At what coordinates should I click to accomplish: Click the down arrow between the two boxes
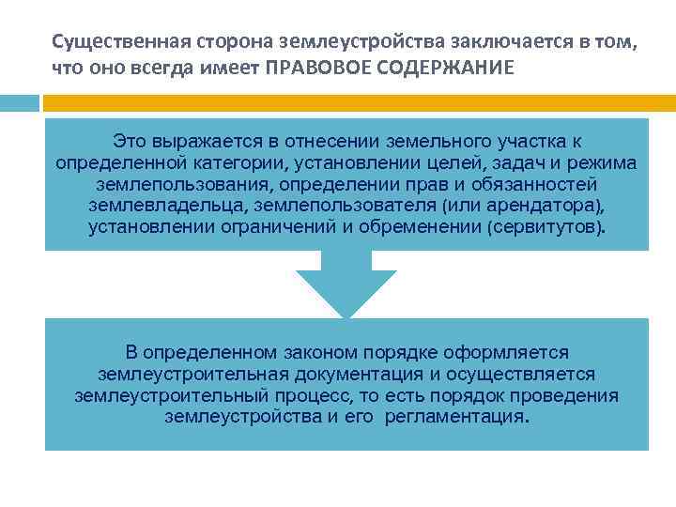pyautogui.click(x=346, y=284)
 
